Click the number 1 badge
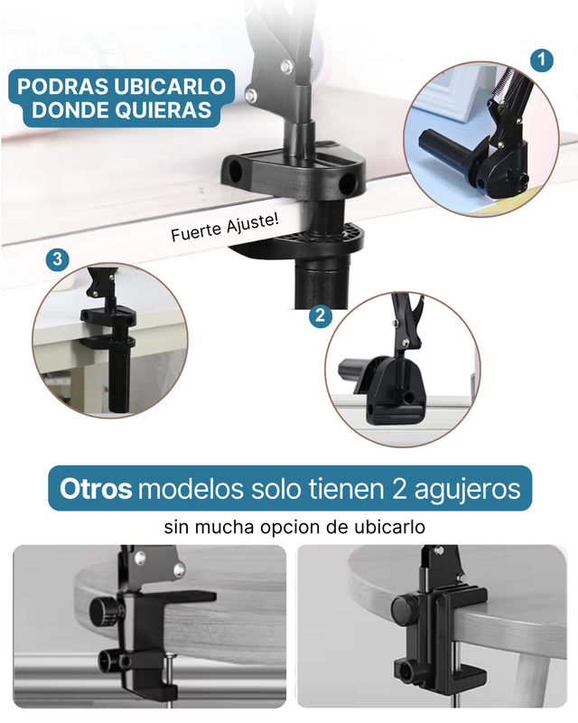click(x=541, y=60)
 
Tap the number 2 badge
click(x=321, y=315)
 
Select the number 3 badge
click(x=57, y=259)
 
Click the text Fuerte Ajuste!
click(x=225, y=228)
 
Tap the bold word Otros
click(x=96, y=489)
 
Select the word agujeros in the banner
click(x=468, y=491)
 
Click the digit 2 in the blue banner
click(x=399, y=489)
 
